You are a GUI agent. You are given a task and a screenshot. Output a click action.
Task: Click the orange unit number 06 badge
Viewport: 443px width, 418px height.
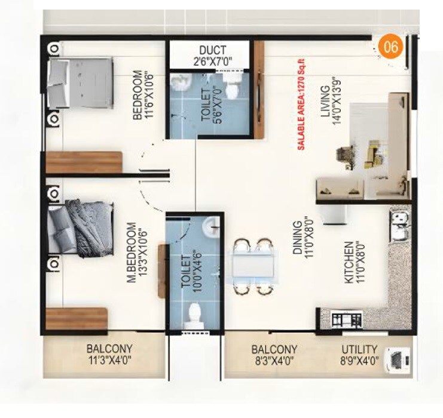click(x=391, y=47)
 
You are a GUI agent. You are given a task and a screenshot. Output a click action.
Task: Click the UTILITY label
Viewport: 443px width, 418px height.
click(x=359, y=349)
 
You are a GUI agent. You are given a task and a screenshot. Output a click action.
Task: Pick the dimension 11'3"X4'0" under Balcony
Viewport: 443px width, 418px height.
click(x=109, y=360)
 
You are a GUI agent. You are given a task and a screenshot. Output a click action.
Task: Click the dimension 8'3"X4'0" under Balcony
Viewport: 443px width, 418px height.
click(x=274, y=360)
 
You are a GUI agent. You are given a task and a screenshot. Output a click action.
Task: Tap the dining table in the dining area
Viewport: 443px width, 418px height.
click(x=255, y=266)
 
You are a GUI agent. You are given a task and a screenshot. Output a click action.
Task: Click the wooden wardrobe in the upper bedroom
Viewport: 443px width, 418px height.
click(x=84, y=162)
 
